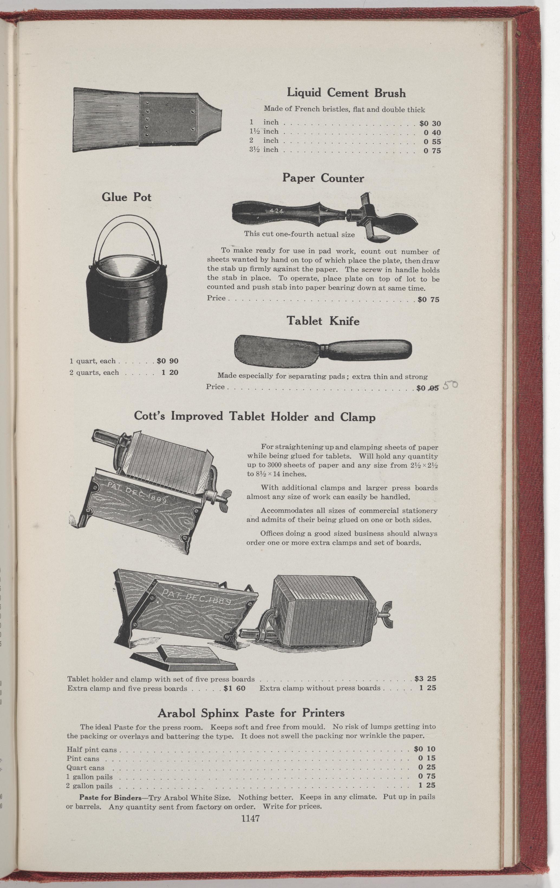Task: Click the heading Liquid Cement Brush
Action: point(346,93)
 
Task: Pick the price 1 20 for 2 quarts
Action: point(170,373)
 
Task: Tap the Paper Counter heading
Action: point(323,178)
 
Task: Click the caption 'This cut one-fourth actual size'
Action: point(299,234)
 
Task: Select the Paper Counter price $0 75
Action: point(429,299)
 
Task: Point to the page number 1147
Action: point(251,805)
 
